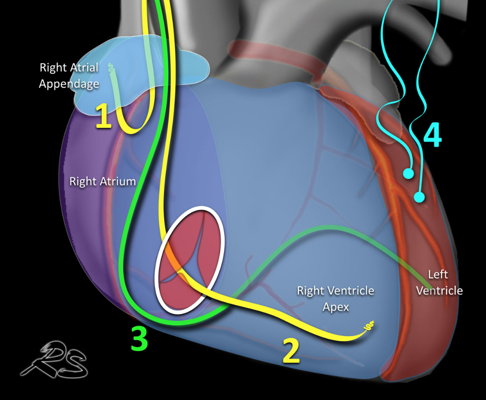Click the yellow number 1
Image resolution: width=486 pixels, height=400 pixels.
click(x=104, y=117)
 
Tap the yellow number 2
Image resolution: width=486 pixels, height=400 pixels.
click(x=291, y=351)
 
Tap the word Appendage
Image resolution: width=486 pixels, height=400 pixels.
click(x=69, y=84)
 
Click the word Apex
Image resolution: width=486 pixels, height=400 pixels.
click(x=336, y=307)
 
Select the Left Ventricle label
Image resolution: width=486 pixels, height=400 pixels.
click(x=439, y=283)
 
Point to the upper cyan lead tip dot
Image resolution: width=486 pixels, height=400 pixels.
click(x=407, y=174)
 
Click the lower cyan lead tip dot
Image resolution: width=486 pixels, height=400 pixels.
click(x=419, y=196)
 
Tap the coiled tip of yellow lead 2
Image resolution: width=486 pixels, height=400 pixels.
click(x=368, y=327)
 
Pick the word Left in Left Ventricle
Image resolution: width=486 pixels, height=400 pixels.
click(x=438, y=274)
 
